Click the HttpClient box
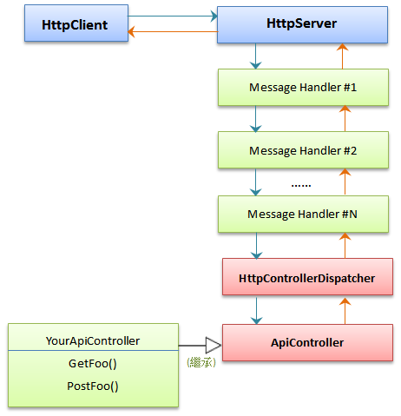73,25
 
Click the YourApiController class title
92,340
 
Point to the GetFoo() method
92,365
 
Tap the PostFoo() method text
92,386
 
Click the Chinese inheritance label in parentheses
200,361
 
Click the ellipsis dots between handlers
300,184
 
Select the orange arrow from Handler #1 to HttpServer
343,56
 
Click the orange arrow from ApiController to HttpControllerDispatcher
343,310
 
